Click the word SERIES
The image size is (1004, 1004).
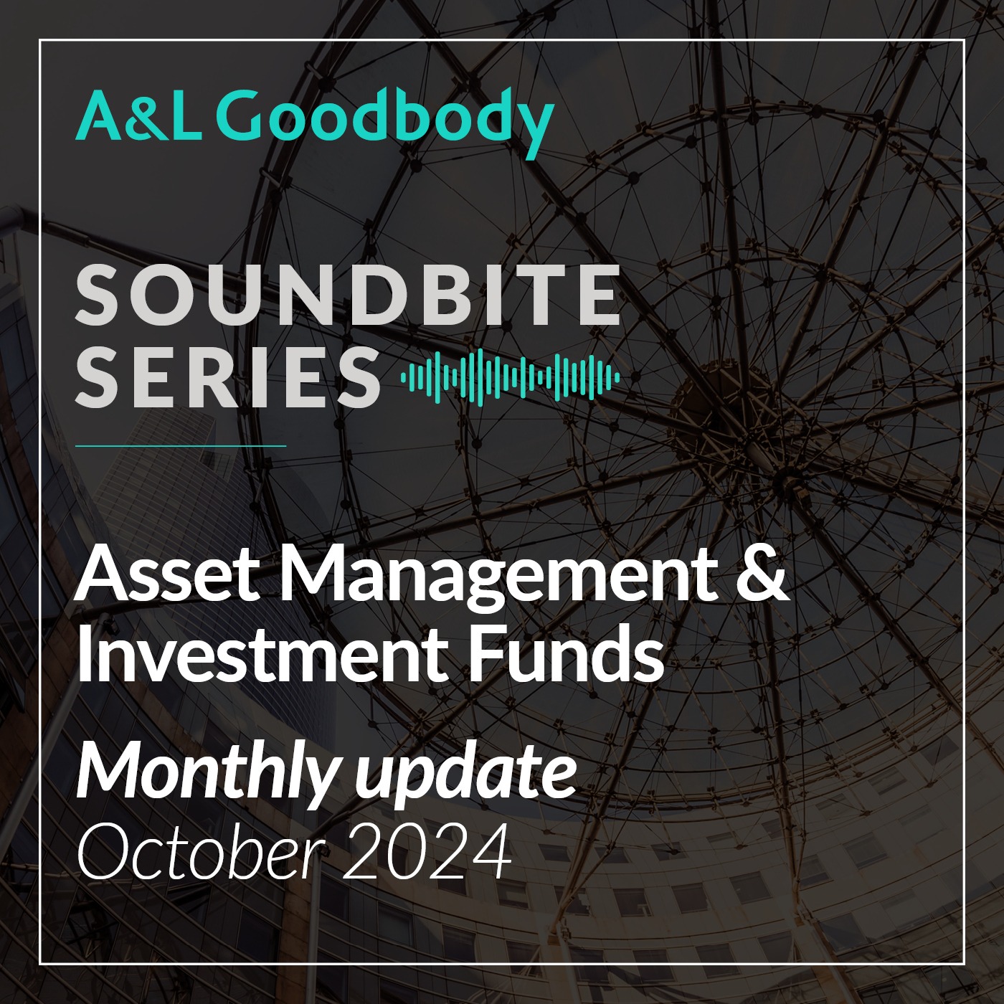coord(227,374)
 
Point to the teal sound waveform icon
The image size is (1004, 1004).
coord(510,376)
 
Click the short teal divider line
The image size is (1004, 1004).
coord(181,445)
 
